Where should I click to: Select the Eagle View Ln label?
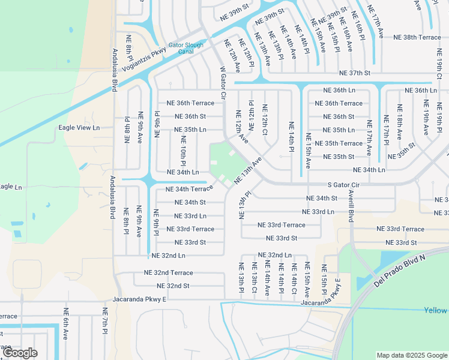[79, 128]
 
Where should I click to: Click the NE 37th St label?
[355, 73]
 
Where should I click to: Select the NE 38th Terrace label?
[417, 37]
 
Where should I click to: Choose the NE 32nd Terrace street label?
[168, 272]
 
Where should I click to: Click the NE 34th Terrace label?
[190, 189]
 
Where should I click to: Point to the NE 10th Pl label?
[183, 150]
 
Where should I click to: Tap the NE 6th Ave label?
[65, 324]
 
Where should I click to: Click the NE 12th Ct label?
[264, 119]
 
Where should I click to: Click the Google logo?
[20, 353]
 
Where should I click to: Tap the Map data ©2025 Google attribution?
[411, 355]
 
